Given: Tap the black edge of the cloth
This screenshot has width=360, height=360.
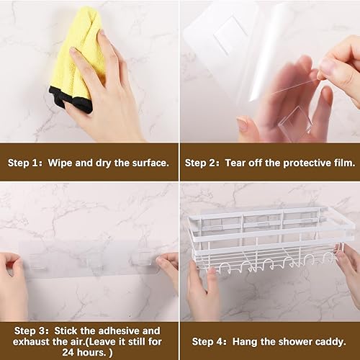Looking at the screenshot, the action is [x=72, y=99].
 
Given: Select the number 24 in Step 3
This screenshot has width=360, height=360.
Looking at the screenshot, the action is [x=68, y=352].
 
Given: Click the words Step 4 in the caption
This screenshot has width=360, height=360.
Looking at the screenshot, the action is [x=207, y=341].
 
